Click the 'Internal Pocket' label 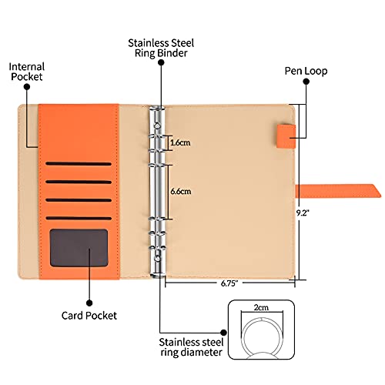click(27, 72)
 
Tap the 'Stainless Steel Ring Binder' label click(161, 48)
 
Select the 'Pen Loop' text click(306, 71)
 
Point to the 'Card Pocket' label click(89, 316)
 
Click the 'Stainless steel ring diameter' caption click(191, 347)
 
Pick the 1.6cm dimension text click(180, 142)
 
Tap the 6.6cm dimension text click(181, 191)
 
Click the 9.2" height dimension click(303, 213)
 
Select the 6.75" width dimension click(229, 283)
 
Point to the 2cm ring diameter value click(261, 307)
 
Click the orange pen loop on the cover click(286, 136)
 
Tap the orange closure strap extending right click(338, 191)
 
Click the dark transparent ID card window click(79, 248)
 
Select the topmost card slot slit click(79, 163)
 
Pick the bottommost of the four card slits click(79, 218)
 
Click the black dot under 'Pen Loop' click(306, 82)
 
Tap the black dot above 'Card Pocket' click(89, 303)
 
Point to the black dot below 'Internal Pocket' click(27, 87)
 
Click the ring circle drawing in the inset click(262, 319)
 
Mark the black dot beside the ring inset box click(223, 333)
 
